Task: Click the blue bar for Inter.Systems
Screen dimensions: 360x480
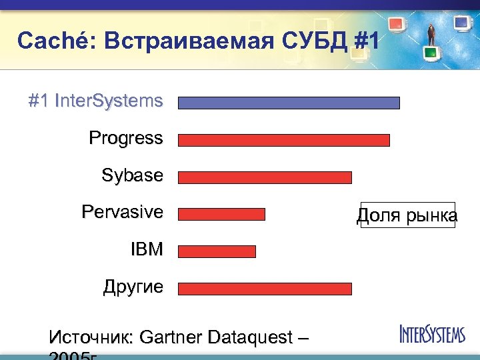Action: [289, 103]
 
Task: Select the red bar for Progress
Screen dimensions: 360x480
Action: [283, 140]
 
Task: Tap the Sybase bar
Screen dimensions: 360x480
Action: [265, 177]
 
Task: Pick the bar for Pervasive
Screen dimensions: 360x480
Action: [221, 214]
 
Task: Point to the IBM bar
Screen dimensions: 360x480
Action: [217, 251]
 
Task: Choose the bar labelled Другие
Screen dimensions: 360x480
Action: [265, 289]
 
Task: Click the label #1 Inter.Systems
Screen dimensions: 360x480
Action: [95, 101]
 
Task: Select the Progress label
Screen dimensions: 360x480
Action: [125, 138]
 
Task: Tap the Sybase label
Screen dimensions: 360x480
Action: [132, 175]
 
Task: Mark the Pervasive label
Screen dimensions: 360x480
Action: [122, 212]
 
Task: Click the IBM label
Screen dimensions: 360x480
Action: [147, 249]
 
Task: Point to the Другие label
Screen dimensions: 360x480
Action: [133, 287]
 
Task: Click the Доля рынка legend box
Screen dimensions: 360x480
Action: [407, 215]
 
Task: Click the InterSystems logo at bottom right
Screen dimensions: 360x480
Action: [432, 333]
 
